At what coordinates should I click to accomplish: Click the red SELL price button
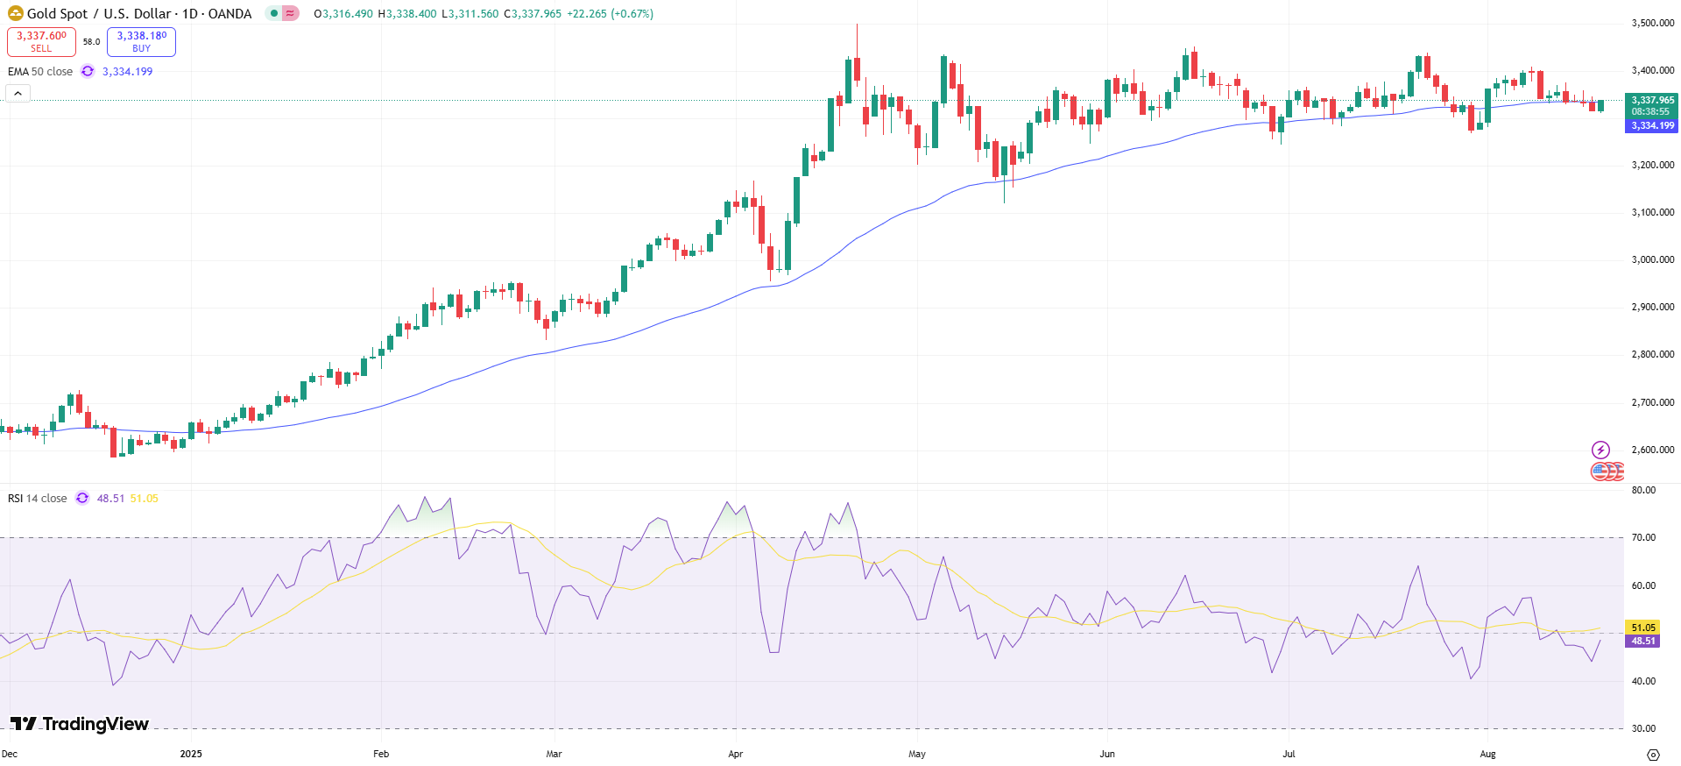pos(41,41)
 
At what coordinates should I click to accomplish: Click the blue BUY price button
pos(141,41)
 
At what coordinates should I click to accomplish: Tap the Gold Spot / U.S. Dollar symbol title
pos(139,13)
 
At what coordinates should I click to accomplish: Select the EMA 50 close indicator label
pos(40,71)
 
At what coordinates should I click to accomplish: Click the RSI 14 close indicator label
pos(38,498)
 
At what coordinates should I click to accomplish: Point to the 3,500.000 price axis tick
pos(1652,23)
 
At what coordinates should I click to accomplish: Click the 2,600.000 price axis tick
pos(1652,450)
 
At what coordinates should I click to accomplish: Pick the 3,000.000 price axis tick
pos(1652,259)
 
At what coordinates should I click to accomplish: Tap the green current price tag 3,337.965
pos(1651,101)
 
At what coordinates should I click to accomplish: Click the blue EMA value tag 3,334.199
pos(1651,125)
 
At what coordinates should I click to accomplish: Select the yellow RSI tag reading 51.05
pos(1642,628)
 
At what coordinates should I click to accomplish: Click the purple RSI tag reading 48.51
pos(1642,641)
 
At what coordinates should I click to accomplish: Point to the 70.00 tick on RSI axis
pos(1643,537)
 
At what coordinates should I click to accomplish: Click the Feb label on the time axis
pos(381,754)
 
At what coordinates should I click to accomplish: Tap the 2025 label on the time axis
pos(190,754)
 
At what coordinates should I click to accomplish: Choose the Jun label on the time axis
pos(1107,754)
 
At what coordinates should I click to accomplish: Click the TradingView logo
pos(80,724)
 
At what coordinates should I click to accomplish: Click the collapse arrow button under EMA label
pos(18,93)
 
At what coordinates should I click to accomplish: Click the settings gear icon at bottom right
pos(1653,755)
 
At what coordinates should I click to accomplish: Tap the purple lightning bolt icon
pos(1600,450)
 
